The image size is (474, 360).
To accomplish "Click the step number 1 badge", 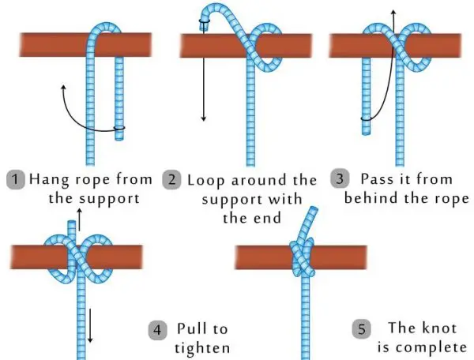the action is [16, 179].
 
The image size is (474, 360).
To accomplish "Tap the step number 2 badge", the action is [171, 180].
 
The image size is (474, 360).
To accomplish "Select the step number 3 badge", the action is [340, 178].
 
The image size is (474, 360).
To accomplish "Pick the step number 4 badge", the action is [157, 330].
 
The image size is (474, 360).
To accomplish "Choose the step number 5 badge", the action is [362, 329].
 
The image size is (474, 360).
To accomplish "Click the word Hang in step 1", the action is [49, 180].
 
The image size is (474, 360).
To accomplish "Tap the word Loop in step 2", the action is [206, 181].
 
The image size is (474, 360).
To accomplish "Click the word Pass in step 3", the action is [378, 178].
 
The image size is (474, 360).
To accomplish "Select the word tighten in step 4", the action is [202, 348].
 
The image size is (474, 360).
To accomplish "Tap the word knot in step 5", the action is [439, 328].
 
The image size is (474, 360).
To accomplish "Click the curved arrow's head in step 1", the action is [63, 88].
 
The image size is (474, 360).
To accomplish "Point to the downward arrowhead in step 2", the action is [204, 118].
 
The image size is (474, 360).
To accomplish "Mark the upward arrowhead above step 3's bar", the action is [393, 12].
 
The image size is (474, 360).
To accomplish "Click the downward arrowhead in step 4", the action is [90, 340].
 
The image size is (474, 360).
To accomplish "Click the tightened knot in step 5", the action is [303, 257].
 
